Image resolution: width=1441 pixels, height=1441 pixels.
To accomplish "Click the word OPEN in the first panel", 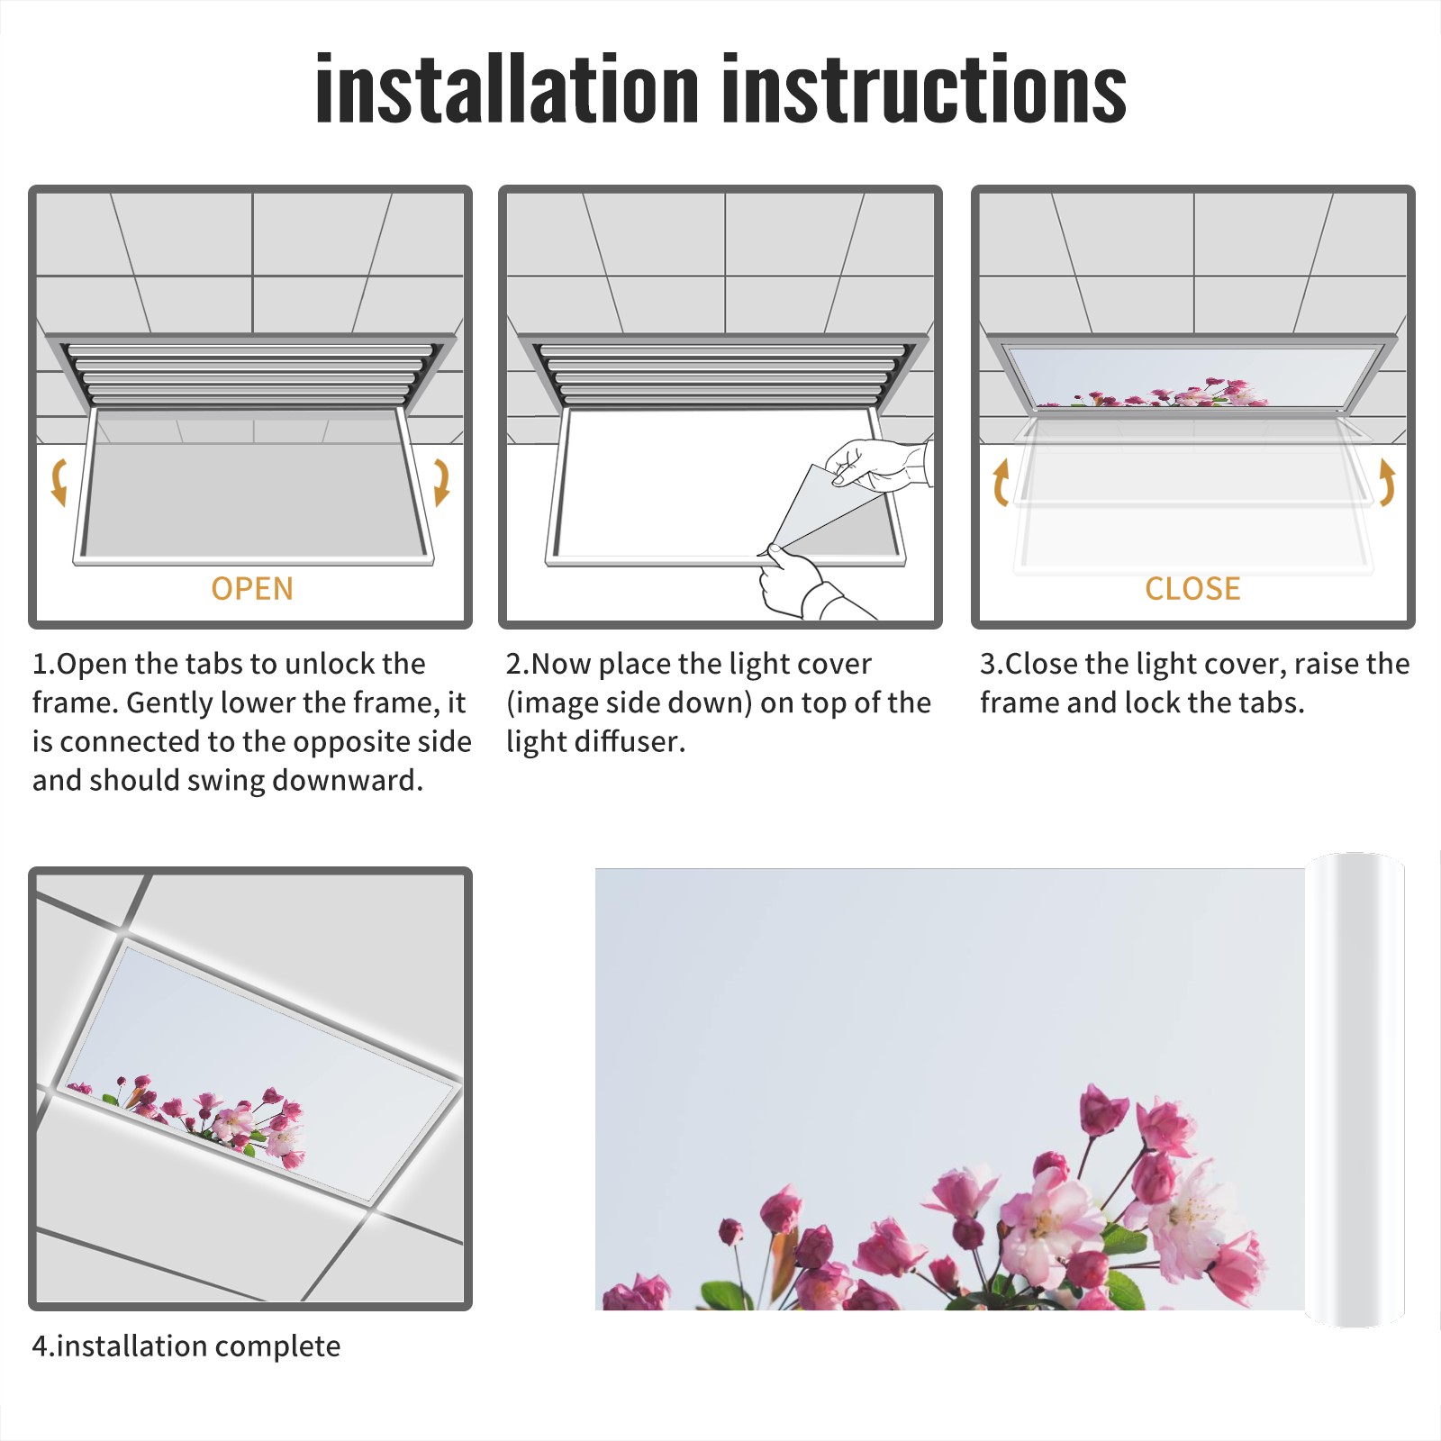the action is pyautogui.click(x=252, y=589).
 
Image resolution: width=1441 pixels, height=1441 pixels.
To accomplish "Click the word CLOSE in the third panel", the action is pyautogui.click(x=1192, y=589).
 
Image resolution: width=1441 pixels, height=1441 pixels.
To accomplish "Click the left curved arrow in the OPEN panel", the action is pyautogui.click(x=59, y=482).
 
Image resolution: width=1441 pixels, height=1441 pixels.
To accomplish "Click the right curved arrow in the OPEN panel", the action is pyautogui.click(x=441, y=482).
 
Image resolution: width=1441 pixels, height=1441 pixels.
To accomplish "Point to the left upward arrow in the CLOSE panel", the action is pyautogui.click(x=1001, y=482).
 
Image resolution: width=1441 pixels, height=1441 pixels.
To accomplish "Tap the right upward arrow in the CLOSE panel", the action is pyautogui.click(x=1387, y=482).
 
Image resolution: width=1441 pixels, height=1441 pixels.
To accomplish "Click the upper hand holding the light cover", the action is pyautogui.click(x=878, y=464).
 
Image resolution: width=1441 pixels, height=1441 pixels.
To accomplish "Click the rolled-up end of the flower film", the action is pyautogui.click(x=1355, y=1090).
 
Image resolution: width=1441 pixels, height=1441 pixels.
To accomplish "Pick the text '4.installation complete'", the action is pyautogui.click(x=186, y=1346).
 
